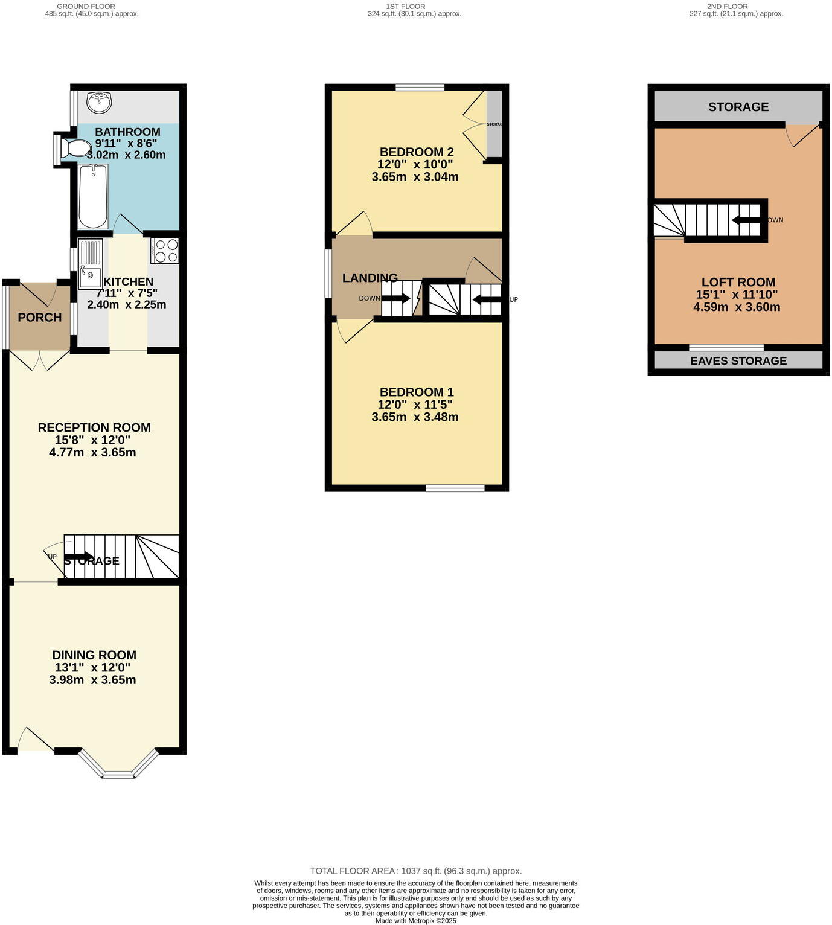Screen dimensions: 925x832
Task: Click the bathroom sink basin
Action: click(x=99, y=102)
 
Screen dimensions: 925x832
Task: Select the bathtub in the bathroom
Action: click(x=93, y=197)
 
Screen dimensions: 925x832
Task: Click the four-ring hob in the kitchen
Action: click(x=165, y=251)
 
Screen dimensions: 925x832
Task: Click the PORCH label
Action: click(x=40, y=318)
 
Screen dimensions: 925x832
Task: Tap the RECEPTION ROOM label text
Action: click(x=94, y=427)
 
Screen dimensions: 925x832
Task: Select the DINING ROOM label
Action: click(x=94, y=655)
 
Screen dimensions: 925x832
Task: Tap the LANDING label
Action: click(x=370, y=278)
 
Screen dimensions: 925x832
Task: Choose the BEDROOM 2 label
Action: click(x=417, y=152)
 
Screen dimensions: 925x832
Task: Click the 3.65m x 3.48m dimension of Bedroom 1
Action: click(x=415, y=417)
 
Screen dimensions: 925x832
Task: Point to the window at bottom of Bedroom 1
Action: click(x=455, y=488)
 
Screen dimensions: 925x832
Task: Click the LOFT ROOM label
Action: click(x=738, y=282)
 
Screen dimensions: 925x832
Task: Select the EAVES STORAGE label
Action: click(x=738, y=361)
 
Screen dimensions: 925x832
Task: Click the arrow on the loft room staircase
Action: click(x=746, y=220)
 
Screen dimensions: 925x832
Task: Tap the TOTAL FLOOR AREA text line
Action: click(x=415, y=871)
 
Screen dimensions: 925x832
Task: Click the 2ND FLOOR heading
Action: click(x=727, y=6)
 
